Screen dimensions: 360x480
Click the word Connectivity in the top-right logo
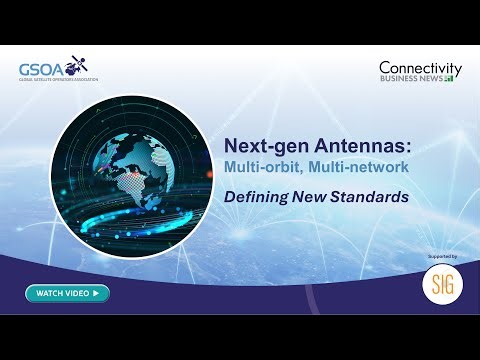[419, 67]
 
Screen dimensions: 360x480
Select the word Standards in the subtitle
[375, 197]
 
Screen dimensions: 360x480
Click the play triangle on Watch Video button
[95, 293]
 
